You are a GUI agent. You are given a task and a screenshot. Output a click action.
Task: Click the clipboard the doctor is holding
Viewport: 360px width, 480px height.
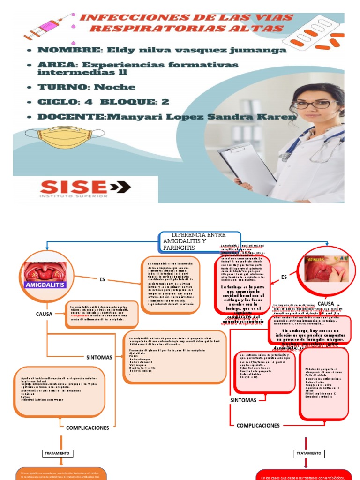247,167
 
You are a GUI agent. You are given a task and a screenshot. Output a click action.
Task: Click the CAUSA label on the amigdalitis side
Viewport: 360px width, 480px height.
47,314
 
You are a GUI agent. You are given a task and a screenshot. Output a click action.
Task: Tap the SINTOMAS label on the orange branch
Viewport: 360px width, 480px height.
99,357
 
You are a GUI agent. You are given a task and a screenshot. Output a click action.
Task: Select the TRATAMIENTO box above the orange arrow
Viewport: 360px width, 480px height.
57,453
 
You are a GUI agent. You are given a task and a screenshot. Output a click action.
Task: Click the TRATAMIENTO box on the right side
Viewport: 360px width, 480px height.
308,453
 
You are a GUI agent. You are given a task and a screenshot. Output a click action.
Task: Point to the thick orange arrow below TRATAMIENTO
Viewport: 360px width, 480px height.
61,444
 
